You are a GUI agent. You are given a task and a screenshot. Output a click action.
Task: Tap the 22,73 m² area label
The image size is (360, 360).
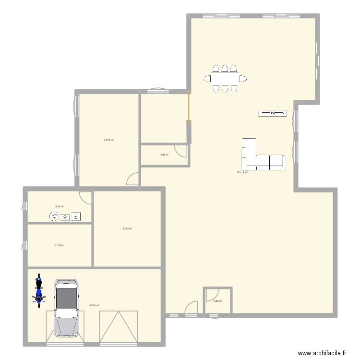tap(109, 140)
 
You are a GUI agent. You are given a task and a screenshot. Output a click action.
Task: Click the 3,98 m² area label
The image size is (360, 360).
tap(164, 155)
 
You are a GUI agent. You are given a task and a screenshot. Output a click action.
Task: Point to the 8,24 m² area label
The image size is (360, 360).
tap(60, 206)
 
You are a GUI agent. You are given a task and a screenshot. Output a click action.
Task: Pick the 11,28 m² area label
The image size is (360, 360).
tap(60, 245)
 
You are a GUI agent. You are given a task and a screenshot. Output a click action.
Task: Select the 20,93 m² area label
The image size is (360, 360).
tap(127, 228)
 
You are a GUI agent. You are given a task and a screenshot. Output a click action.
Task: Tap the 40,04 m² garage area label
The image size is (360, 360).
tap(94, 305)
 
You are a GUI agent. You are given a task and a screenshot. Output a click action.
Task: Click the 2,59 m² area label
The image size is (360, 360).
tap(217, 301)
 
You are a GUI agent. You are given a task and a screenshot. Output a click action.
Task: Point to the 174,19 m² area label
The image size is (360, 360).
tap(242, 172)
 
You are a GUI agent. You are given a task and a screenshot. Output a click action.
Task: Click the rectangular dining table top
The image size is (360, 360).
tap(225, 78)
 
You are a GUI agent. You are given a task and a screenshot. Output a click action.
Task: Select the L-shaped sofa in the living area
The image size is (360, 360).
tap(262, 158)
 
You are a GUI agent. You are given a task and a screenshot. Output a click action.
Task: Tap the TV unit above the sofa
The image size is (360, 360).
tap(272, 113)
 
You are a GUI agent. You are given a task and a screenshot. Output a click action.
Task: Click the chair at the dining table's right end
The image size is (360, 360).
tap(244, 78)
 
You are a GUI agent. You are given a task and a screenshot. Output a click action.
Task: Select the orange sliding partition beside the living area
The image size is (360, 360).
tap(189, 109)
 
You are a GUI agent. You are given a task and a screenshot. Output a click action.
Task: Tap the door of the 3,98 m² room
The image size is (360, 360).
tap(181, 150)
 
